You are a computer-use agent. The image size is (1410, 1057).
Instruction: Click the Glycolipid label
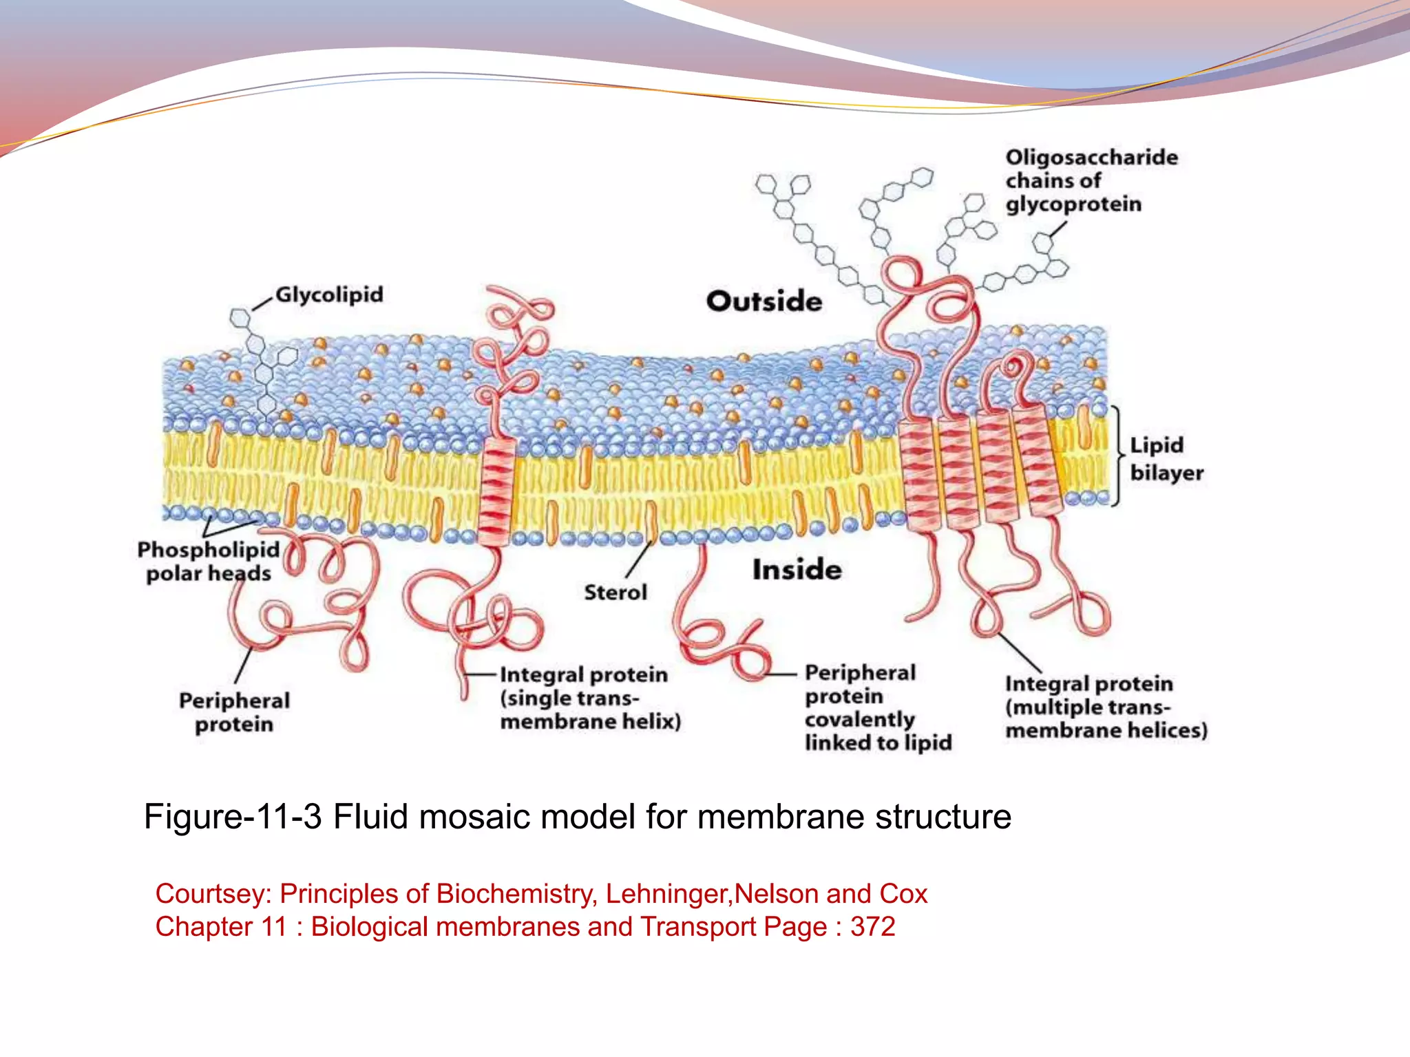click(329, 295)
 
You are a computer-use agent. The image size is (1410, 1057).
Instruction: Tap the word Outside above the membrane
click(764, 301)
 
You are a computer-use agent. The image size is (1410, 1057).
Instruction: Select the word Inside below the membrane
click(797, 570)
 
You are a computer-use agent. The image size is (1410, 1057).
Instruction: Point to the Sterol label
click(615, 592)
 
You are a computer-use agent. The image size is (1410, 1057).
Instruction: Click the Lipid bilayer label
click(1166, 459)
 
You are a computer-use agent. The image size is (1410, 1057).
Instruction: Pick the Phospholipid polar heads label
click(208, 562)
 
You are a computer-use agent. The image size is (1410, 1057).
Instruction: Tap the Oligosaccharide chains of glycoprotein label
click(1091, 180)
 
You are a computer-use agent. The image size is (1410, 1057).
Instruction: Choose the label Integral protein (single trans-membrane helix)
click(590, 698)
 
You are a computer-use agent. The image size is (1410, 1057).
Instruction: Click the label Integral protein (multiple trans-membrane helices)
click(1106, 707)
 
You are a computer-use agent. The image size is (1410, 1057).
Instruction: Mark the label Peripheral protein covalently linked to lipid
click(878, 707)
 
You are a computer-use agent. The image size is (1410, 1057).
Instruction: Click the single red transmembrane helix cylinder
click(495, 491)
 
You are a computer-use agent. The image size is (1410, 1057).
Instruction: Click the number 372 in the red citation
click(872, 927)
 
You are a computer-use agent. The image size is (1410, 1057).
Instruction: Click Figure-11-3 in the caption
click(233, 817)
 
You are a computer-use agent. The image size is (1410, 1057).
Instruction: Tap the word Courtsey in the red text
click(213, 894)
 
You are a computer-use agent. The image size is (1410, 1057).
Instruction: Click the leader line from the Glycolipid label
click(262, 304)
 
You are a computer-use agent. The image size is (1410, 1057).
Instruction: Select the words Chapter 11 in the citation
click(221, 927)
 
